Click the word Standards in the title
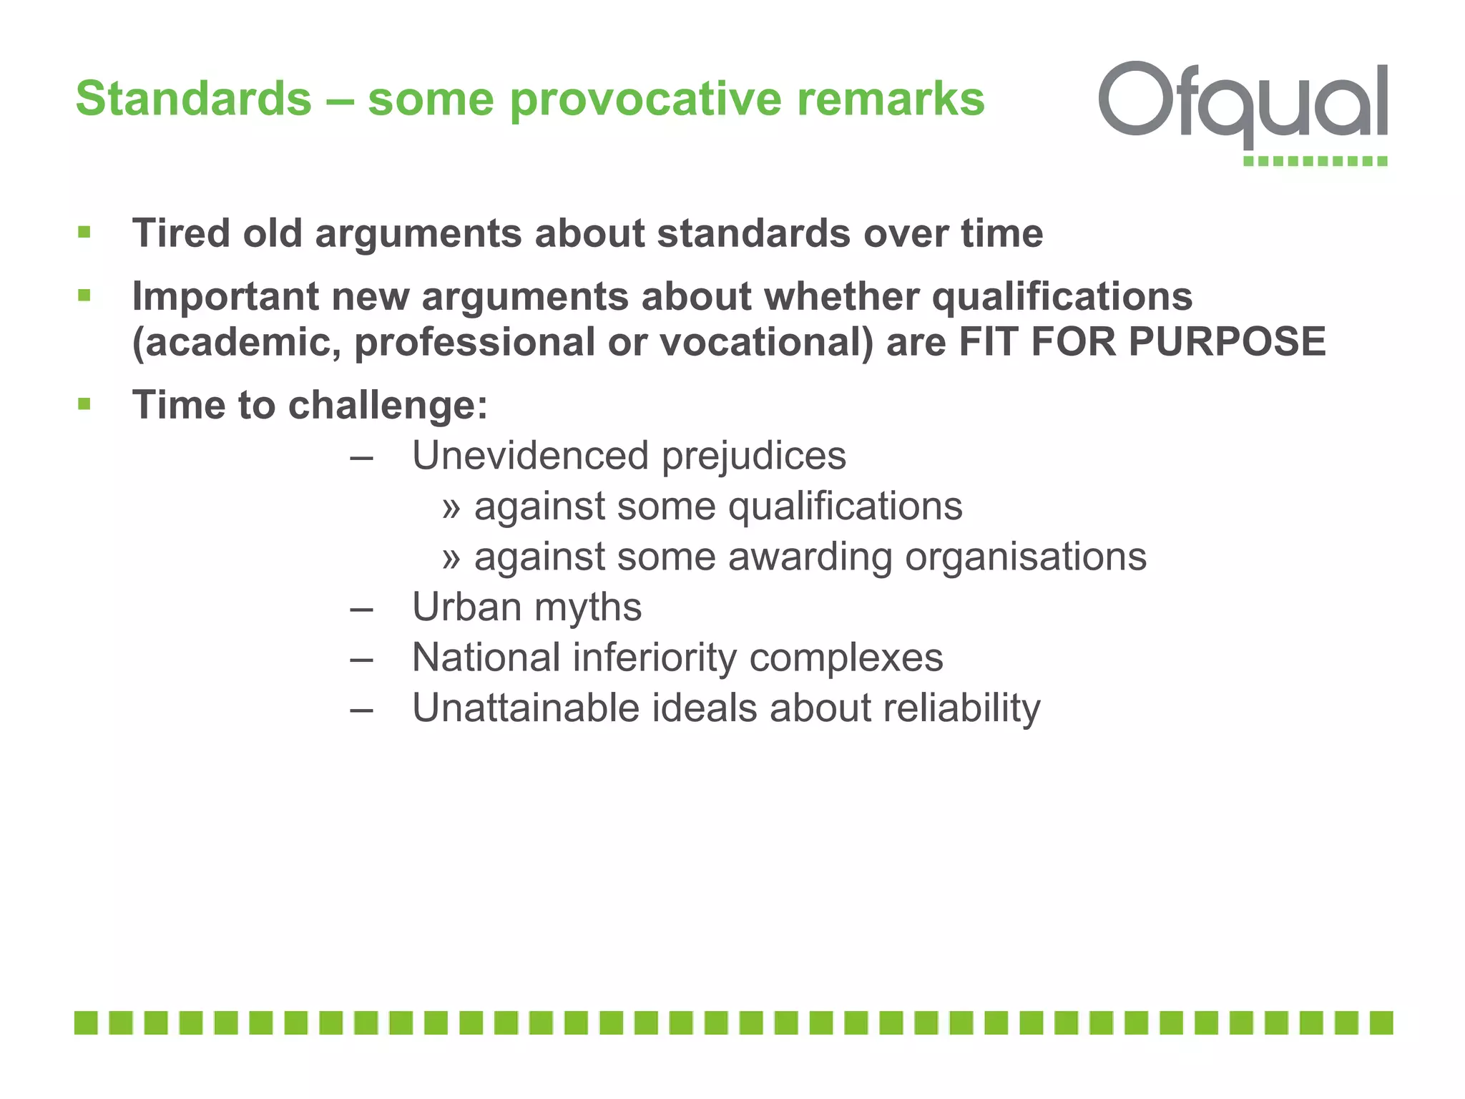194,98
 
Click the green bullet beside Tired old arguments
84,232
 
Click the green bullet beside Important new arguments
84,295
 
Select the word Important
225,296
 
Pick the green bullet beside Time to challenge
84,404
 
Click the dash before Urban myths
362,608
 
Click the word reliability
961,708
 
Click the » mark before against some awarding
451,557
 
